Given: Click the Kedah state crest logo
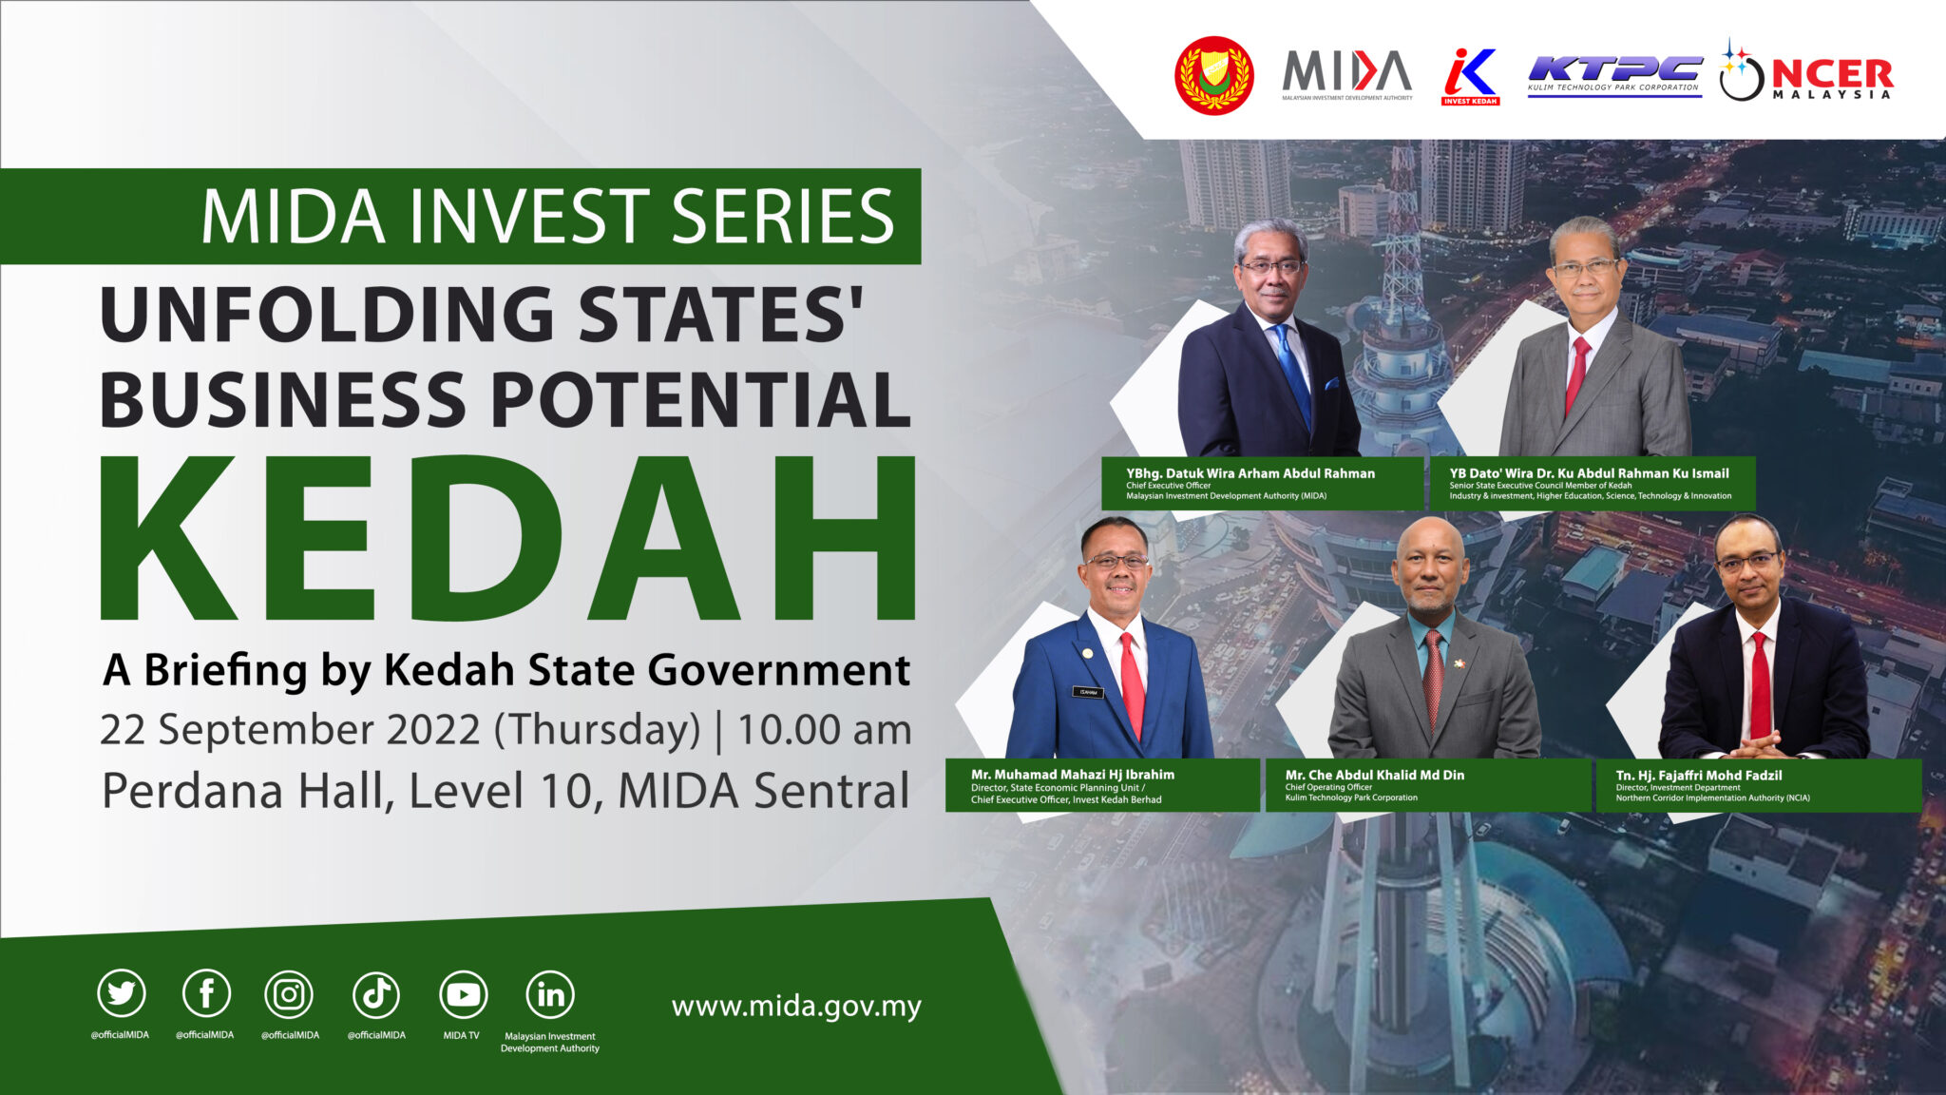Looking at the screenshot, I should click(x=1214, y=76).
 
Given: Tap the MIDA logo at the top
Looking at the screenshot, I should click(x=1346, y=74).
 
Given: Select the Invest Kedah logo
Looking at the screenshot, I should click(x=1470, y=76).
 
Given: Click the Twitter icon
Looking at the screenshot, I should click(x=122, y=994).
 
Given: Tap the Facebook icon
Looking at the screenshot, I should click(x=206, y=994).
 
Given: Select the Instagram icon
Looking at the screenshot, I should click(x=289, y=994).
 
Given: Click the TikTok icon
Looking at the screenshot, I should click(x=376, y=994).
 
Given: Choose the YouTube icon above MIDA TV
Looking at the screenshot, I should click(x=463, y=994).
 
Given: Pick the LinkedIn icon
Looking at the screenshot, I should click(x=550, y=994).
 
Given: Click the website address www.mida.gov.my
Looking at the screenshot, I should click(x=796, y=1007).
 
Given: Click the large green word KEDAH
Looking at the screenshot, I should click(x=508, y=539).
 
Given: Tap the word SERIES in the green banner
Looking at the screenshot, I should click(x=782, y=217).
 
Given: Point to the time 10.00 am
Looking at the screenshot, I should click(x=824, y=730).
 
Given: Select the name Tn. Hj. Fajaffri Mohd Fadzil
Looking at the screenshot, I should click(x=1699, y=775).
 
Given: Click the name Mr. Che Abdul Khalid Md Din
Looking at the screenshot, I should click(x=1374, y=775).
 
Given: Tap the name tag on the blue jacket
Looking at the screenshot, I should click(x=1088, y=692).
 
